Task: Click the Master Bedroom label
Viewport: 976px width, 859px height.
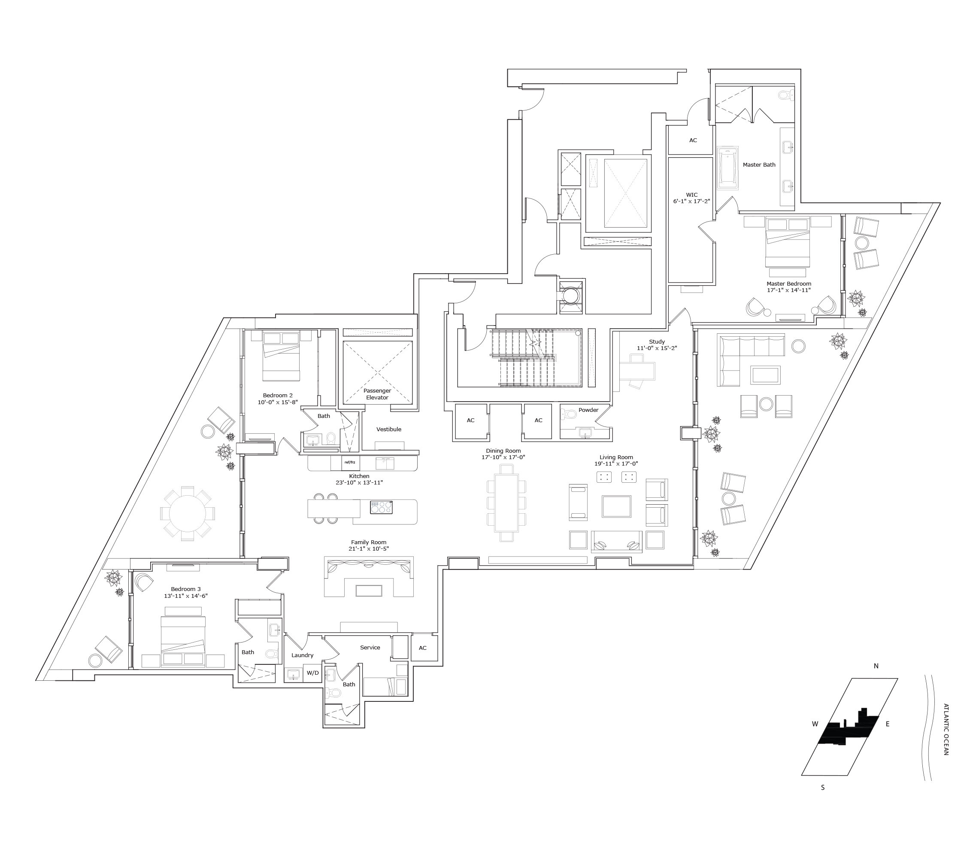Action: pyautogui.click(x=789, y=283)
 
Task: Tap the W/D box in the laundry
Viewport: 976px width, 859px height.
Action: pyautogui.click(x=313, y=673)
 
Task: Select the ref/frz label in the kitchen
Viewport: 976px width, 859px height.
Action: pyautogui.click(x=350, y=462)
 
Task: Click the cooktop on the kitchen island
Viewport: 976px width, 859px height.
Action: pyautogui.click(x=381, y=507)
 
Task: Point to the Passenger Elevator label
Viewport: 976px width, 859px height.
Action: pyautogui.click(x=377, y=394)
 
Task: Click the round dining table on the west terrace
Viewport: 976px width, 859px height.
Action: pyautogui.click(x=187, y=514)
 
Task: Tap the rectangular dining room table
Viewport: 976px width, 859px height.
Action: pyautogui.click(x=506, y=503)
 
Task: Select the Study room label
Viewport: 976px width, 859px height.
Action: pyautogui.click(x=657, y=341)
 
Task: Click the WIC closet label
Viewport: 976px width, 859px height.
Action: pyautogui.click(x=691, y=195)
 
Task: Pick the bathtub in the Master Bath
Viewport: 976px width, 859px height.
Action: pyautogui.click(x=727, y=167)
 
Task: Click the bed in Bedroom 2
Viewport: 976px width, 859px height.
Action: pyautogui.click(x=281, y=357)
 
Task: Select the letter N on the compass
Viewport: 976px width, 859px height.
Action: pyautogui.click(x=876, y=665)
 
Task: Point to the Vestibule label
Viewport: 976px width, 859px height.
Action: pyautogui.click(x=389, y=429)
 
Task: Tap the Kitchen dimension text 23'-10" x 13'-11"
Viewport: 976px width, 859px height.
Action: pyautogui.click(x=359, y=482)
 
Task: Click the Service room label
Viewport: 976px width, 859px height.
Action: pyautogui.click(x=370, y=647)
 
